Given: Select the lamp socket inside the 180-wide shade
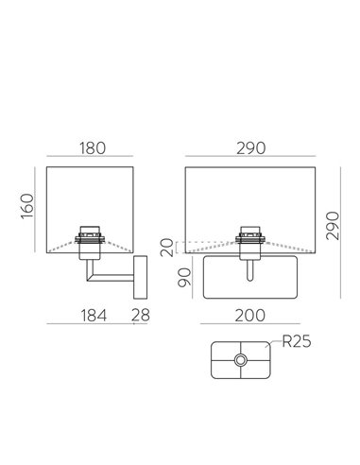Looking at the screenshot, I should coord(92,241).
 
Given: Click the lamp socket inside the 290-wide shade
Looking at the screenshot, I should coord(250,241).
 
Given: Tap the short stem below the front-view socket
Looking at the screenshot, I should coord(250,272).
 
